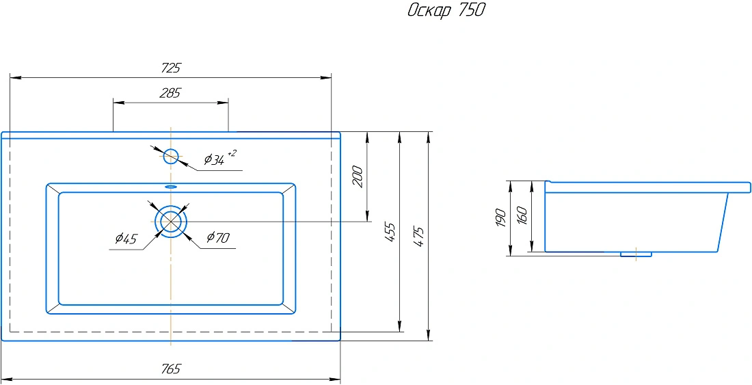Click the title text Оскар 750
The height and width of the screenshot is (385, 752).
(x=446, y=10)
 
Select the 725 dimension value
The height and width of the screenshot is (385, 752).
(x=171, y=68)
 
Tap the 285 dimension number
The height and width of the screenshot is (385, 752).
(x=170, y=93)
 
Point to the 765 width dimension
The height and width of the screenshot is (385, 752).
(x=171, y=369)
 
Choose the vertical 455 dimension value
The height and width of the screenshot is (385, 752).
(x=390, y=232)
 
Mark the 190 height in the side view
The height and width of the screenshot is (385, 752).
(x=500, y=218)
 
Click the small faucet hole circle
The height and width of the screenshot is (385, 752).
(x=171, y=156)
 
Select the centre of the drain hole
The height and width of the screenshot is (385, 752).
(x=170, y=222)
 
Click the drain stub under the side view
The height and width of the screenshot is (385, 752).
(x=636, y=254)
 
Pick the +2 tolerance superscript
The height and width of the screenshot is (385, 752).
(x=232, y=153)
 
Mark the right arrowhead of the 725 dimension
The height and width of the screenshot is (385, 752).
(x=325, y=77)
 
